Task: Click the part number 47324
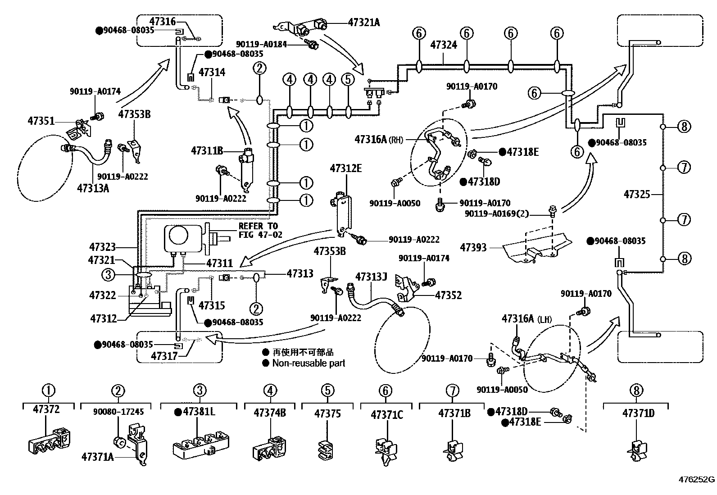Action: coord(444,45)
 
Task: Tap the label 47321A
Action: coord(363,22)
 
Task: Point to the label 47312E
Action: coord(345,168)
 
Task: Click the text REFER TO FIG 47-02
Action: coord(258,230)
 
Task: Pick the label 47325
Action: coord(637,194)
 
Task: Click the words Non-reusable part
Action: coord(309,363)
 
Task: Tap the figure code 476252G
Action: coord(697,480)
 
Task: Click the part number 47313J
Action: coord(371,276)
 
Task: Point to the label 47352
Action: coord(448,295)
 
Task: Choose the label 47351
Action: coord(41,121)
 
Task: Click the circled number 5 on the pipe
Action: coord(348,80)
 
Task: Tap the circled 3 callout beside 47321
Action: coord(108,274)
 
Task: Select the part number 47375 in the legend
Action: coord(327,413)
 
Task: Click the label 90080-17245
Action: coord(118,412)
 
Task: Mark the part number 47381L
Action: coord(198,412)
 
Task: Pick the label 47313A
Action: coord(93,188)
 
